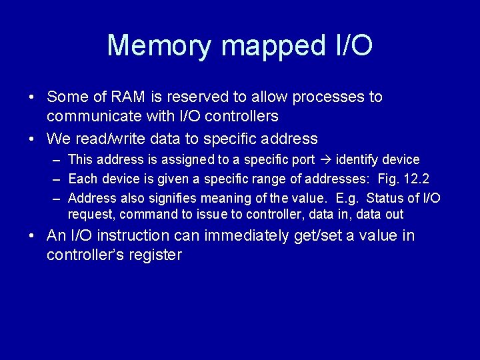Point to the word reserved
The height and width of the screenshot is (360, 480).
coord(182,97)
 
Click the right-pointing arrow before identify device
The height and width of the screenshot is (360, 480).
coord(325,160)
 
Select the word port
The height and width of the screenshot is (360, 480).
coord(301,160)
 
